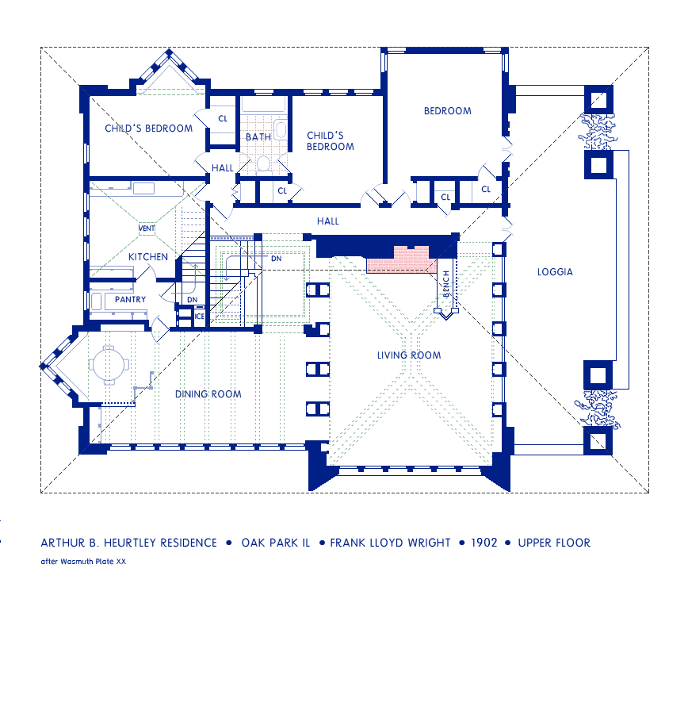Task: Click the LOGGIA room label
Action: pyautogui.click(x=555, y=272)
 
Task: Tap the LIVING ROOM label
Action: pyautogui.click(x=409, y=355)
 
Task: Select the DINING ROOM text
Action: pyautogui.click(x=208, y=393)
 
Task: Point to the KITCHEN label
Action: pyautogui.click(x=148, y=257)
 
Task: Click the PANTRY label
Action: pyautogui.click(x=130, y=299)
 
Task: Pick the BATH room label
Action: pyautogui.click(x=258, y=137)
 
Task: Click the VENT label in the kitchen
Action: pyautogui.click(x=147, y=228)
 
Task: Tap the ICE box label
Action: pyautogui.click(x=199, y=316)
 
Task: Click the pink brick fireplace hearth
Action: pyautogui.click(x=401, y=259)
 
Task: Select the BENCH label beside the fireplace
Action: pyautogui.click(x=446, y=284)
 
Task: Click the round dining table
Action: pyautogui.click(x=109, y=365)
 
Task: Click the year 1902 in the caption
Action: pyautogui.click(x=484, y=543)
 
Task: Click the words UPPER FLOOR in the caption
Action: pyautogui.click(x=554, y=543)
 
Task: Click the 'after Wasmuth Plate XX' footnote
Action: pyautogui.click(x=83, y=562)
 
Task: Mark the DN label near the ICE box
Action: pyautogui.click(x=193, y=300)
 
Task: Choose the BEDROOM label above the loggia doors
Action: pyautogui.click(x=448, y=111)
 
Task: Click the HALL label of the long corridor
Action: pyautogui.click(x=328, y=221)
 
